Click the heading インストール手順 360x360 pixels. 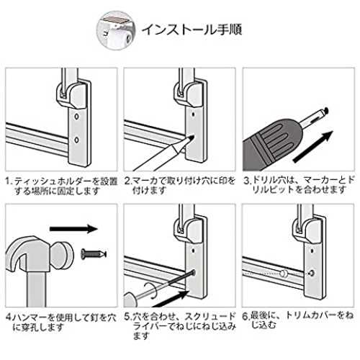pos(192,30)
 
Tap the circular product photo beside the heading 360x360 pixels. pos(116,30)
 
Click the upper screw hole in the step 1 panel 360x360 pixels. pos(77,117)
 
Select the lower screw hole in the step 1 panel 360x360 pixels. pos(77,140)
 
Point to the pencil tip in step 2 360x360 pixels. pos(192,136)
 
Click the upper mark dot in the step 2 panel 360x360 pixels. pos(194,114)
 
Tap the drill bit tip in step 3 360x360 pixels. pos(325,110)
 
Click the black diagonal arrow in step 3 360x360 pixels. pos(313,147)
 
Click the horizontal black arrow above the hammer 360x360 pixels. pos(73,228)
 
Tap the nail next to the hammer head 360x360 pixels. pos(94,254)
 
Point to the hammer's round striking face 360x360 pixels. pos(63,255)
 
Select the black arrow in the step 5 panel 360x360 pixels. pos(171,298)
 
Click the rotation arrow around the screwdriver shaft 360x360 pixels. pos(150,290)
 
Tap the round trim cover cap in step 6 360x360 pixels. pos(284,273)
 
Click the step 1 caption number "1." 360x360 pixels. pos(9,181)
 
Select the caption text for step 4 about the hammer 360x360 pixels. pos(61,323)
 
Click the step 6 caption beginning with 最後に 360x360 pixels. pos(297,320)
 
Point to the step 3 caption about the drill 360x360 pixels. pos(299,185)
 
